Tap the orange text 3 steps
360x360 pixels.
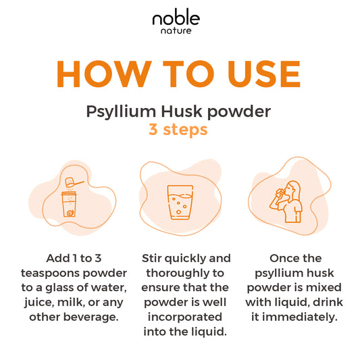tap(179, 129)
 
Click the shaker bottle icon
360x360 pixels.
tap(69, 205)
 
